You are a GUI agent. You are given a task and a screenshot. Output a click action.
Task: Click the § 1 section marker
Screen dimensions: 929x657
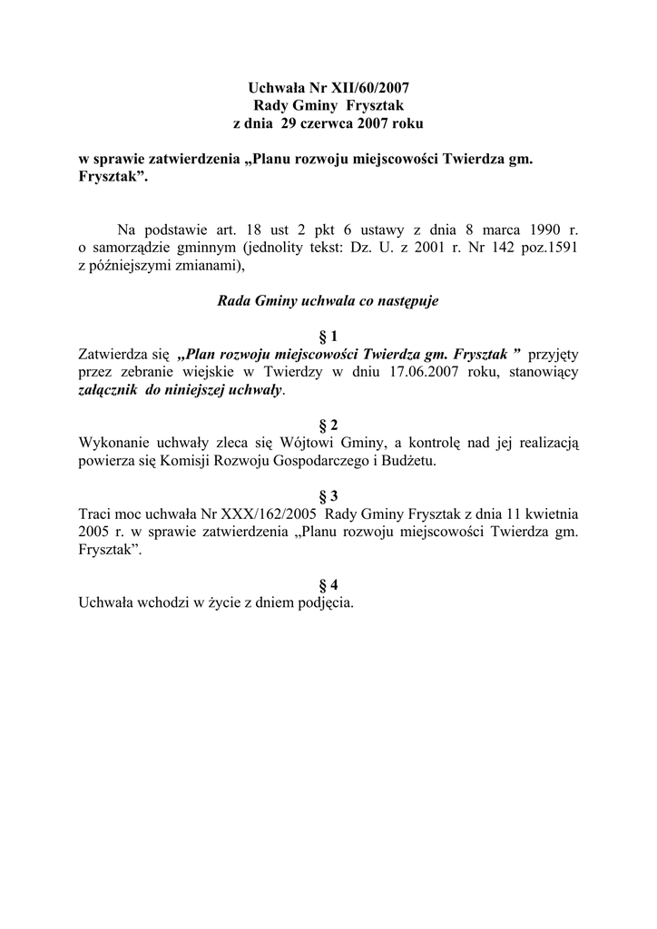[328, 336]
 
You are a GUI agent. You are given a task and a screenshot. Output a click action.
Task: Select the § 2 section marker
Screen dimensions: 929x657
[328, 425]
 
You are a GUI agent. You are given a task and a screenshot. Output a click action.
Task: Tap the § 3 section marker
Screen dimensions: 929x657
[328, 495]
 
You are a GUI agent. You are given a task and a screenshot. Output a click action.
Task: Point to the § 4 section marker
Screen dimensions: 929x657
[328, 584]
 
